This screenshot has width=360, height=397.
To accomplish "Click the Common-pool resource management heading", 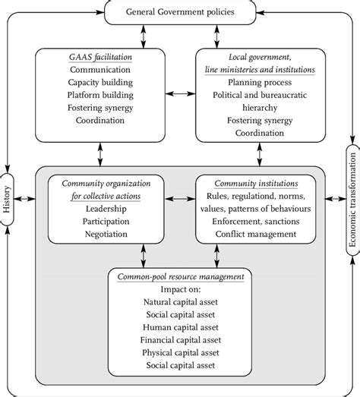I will [x=180, y=278].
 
